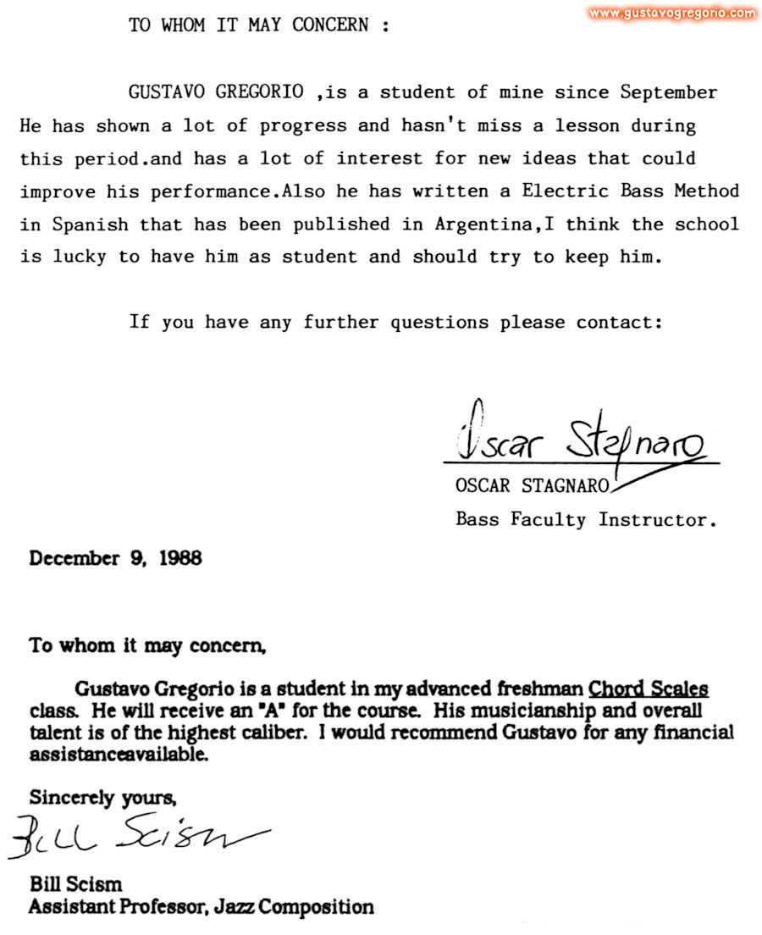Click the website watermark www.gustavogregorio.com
point(672,13)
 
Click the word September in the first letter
point(669,92)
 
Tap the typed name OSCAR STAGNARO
point(532,486)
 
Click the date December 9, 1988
point(115,559)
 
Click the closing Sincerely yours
point(102,797)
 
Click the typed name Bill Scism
point(75,886)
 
